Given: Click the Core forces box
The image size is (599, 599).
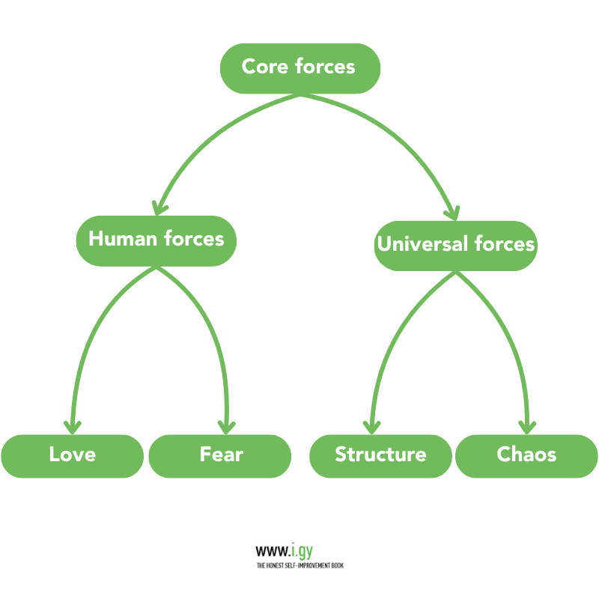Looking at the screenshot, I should tap(299, 67).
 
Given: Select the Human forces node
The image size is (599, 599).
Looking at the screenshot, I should tap(156, 240).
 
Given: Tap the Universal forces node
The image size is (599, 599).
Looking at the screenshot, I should tap(455, 245).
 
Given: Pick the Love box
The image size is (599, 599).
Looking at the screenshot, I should tap(72, 455).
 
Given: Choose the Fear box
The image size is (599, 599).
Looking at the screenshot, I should tap(220, 455).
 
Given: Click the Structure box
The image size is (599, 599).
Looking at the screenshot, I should tap(380, 455).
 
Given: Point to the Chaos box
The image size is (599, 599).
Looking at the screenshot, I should tap(526, 455).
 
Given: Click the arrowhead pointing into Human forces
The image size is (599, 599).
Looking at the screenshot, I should tap(158, 207).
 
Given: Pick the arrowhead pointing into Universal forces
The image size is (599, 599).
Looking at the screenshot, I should tap(451, 210).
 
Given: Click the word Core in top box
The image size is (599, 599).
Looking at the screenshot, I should tap(265, 67).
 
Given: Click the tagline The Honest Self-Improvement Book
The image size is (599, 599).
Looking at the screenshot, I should tap(299, 565).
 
